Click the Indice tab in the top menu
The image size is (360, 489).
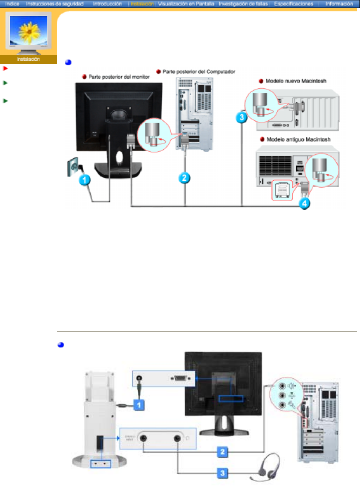[12, 4]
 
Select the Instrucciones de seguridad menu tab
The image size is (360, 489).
[54, 4]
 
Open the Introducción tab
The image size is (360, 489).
[107, 4]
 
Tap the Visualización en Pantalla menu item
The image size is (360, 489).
[186, 4]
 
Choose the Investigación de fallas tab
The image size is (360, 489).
[243, 4]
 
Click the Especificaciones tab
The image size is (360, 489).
[294, 4]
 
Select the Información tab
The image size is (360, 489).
[339, 4]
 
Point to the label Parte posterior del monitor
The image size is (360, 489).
[119, 77]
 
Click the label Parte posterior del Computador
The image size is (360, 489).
[198, 72]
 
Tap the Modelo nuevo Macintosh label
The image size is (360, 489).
[296, 81]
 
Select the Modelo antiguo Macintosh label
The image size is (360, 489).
[299, 139]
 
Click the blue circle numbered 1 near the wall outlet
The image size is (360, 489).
[84, 180]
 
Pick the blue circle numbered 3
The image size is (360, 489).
[241, 117]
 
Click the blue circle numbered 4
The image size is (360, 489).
[305, 203]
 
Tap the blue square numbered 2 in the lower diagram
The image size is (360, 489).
[222, 452]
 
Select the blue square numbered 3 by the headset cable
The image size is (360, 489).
[222, 473]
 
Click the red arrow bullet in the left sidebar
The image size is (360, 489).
[5, 68]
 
